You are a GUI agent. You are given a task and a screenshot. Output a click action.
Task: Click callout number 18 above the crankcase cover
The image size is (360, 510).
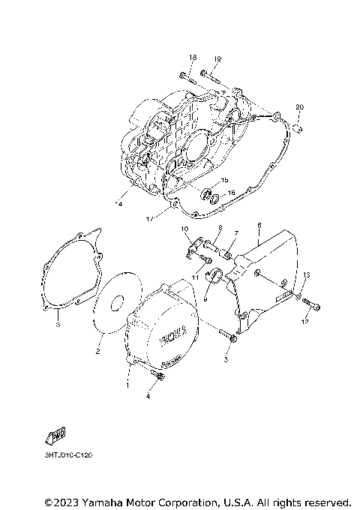pyautogui.click(x=193, y=58)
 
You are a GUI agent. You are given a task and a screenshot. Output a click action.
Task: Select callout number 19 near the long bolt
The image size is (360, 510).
pyautogui.click(x=217, y=58)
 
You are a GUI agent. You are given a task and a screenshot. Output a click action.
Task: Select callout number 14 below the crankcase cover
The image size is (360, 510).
pyautogui.click(x=118, y=203)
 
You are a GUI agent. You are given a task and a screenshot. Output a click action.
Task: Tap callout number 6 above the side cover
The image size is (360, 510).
pyautogui.click(x=259, y=224)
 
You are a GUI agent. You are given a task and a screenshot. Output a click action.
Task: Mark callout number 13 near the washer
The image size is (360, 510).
pyautogui.click(x=306, y=274)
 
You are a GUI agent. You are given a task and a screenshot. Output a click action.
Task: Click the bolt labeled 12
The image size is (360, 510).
pyautogui.click(x=314, y=304)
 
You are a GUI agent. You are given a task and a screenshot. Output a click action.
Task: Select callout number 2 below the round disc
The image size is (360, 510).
pyautogui.click(x=97, y=350)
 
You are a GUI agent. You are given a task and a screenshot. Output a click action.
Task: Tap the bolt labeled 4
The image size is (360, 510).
pyautogui.click(x=156, y=375)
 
